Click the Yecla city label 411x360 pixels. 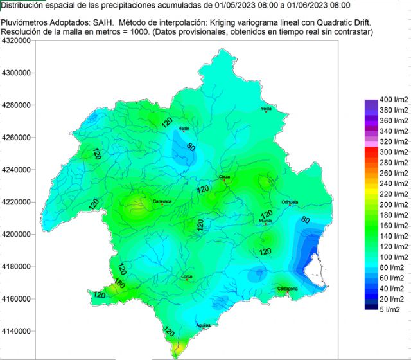click(267, 109)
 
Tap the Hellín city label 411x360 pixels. click(184, 129)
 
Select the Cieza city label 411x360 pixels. click(225, 175)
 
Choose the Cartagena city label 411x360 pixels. click(287, 289)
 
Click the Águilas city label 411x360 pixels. click(203, 325)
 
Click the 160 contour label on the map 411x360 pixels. click(119, 283)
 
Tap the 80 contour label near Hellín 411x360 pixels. click(190, 147)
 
